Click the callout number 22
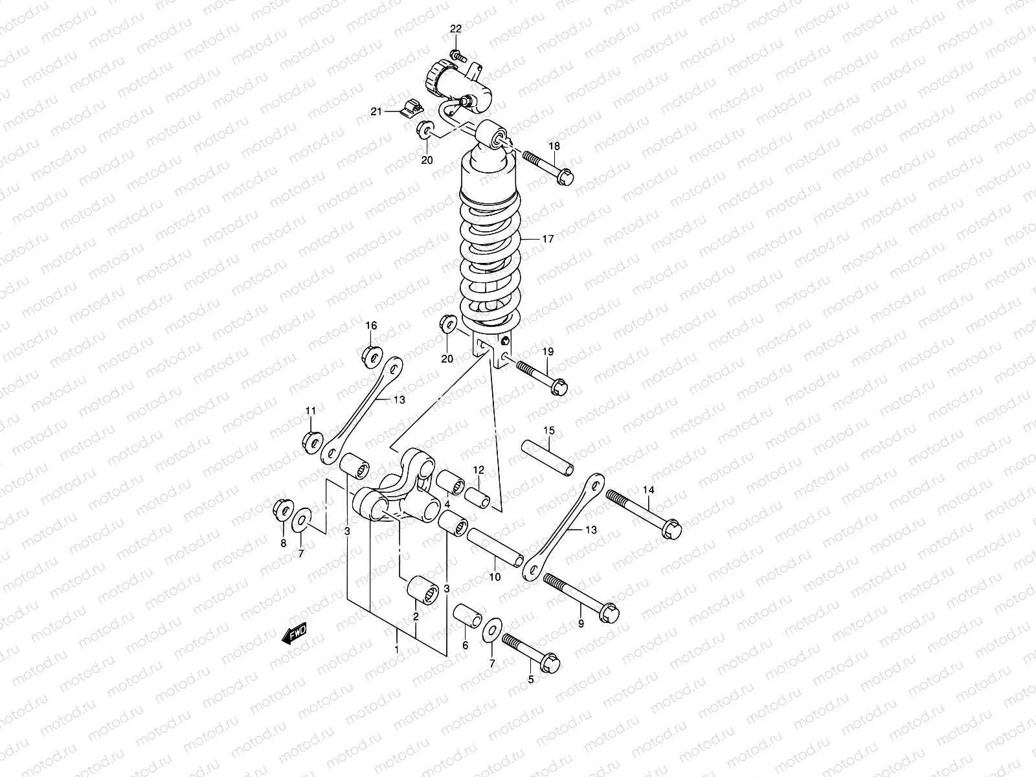(x=456, y=29)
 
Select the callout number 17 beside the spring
(x=548, y=239)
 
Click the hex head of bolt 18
(x=565, y=175)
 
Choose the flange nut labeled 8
(x=282, y=508)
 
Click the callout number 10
(x=495, y=578)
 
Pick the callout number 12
(x=478, y=469)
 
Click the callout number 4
(x=447, y=504)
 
